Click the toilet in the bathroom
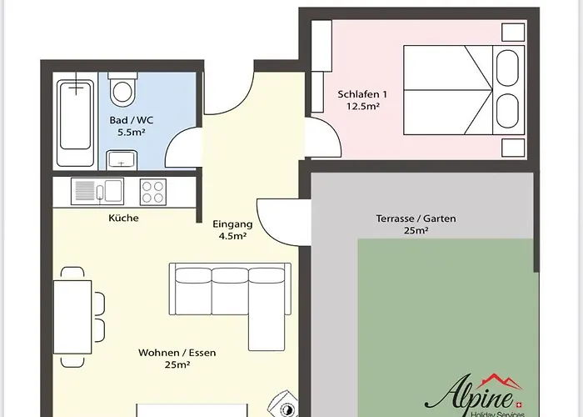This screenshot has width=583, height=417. (122, 88)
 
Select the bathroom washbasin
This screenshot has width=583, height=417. (122, 160)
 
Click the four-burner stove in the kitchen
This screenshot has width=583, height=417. (152, 192)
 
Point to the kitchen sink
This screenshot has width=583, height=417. (97, 191)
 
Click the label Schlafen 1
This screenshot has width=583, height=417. (362, 94)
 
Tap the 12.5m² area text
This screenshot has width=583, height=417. (363, 107)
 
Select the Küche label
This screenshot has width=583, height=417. (123, 218)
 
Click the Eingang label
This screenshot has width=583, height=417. (232, 224)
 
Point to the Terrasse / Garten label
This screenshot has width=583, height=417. (416, 219)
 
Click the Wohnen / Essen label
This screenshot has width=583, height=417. (177, 353)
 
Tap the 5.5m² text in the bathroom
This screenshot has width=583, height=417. (132, 132)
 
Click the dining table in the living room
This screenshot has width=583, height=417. (72, 317)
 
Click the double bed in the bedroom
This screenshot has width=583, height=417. (464, 90)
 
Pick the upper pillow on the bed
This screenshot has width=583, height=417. (507, 68)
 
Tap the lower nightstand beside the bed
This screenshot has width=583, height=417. (513, 148)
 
